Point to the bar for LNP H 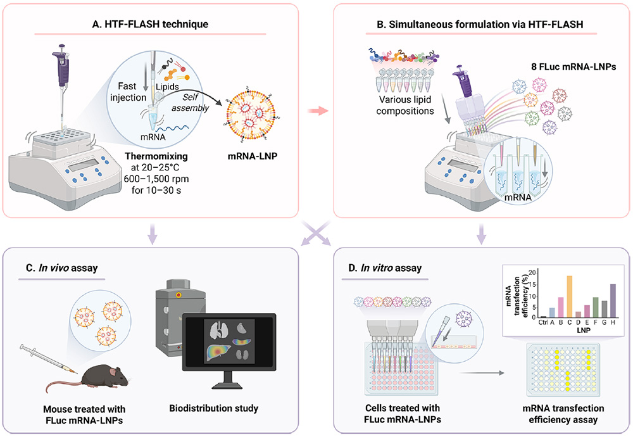pyautogui.click(x=613, y=301)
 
